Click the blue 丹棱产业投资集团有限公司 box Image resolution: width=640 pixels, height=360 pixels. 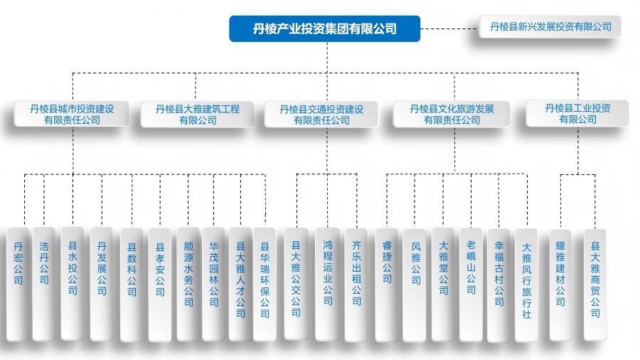coord(324,28)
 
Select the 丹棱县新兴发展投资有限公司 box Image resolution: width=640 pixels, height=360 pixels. coord(550,27)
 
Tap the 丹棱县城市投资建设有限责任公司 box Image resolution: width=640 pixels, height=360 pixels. coord(72,115)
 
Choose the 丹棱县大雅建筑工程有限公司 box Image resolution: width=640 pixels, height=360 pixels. coord(198,115)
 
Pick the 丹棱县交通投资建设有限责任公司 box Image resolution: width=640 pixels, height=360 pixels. coord(321,115)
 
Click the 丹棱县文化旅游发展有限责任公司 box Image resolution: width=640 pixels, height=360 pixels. coord(452,115)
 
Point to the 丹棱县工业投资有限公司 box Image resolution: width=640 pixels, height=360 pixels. coord(577,114)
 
